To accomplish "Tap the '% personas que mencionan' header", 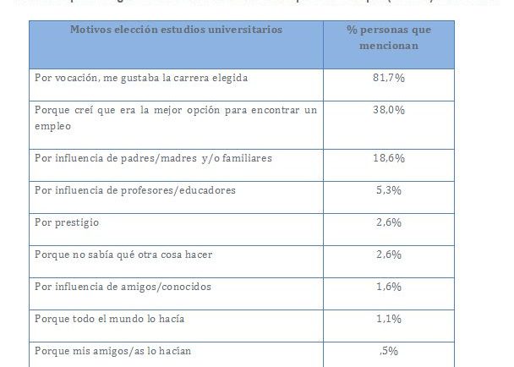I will point(389,37).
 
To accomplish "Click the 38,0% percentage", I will point(388,110).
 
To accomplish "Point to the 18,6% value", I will point(388,158).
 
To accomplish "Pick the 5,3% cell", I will point(388,190).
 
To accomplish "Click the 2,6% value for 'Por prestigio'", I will point(388,222).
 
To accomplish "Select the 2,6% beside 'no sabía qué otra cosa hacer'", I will point(388,255).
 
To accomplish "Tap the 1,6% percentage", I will point(388,287).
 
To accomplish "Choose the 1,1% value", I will point(388,319).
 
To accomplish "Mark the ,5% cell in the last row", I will point(388,351).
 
